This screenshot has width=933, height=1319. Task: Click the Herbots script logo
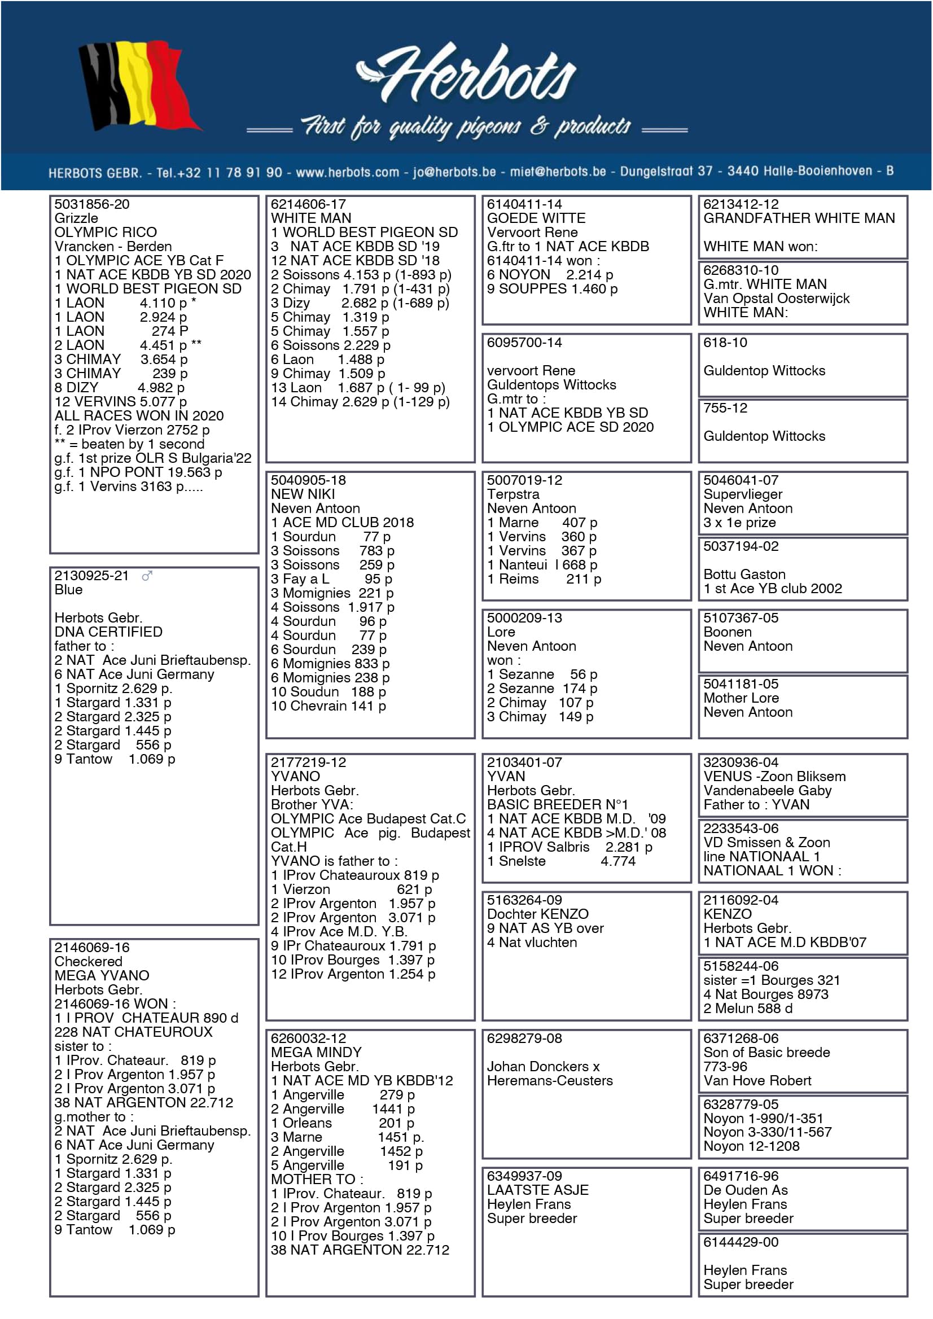[x=466, y=75]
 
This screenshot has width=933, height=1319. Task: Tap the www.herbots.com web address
[x=347, y=172]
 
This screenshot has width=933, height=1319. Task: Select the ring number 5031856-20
[x=92, y=204]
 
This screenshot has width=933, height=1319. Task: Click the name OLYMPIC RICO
[x=106, y=233]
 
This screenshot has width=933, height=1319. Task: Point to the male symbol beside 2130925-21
[x=147, y=576]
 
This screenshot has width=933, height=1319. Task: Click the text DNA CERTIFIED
[x=108, y=632]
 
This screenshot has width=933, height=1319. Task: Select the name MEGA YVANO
[x=102, y=975]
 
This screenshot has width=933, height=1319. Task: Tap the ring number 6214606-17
[x=309, y=204]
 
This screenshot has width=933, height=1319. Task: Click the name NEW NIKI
[x=303, y=494]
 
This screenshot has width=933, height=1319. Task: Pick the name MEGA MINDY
[x=317, y=1053]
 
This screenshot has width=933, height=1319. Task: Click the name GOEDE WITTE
[x=536, y=218]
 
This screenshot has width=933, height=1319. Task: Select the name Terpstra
[x=513, y=494]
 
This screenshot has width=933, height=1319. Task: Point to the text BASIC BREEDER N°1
[x=557, y=805]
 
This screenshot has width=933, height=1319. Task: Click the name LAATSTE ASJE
[x=538, y=1190]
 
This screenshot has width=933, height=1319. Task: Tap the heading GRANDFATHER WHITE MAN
[x=799, y=218]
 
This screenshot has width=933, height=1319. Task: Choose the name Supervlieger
[x=743, y=494]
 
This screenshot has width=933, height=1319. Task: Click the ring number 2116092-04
[x=741, y=900]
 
